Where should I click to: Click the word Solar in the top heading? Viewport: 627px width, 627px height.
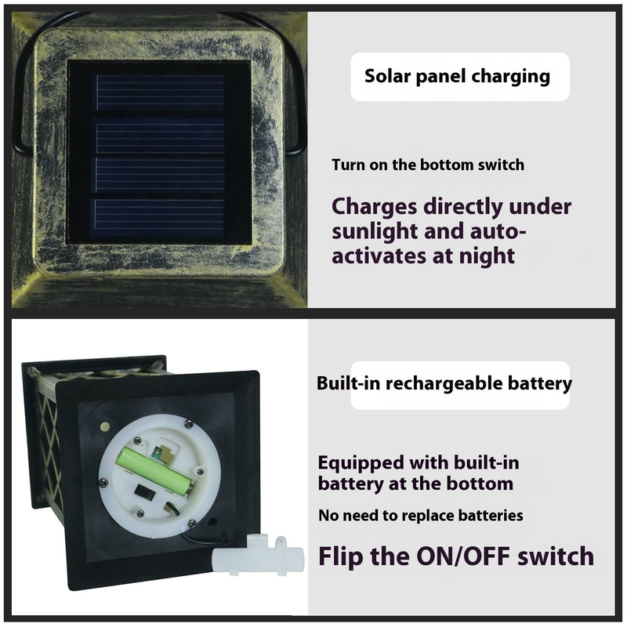388,76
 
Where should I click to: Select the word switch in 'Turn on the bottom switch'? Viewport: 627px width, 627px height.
501,165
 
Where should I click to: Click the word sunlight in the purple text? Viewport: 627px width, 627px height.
375,232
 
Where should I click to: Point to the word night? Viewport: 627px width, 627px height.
487,256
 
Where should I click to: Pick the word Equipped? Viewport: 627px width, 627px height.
361,464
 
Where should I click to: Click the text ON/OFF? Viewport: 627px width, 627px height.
463,556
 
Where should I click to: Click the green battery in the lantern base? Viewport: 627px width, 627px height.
156,469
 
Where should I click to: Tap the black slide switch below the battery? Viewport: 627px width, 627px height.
144,491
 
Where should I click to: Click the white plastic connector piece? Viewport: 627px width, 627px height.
258,555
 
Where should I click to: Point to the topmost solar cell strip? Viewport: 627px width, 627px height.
160,92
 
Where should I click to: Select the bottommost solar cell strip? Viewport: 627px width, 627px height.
160,218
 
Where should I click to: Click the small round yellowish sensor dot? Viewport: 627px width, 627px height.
105,426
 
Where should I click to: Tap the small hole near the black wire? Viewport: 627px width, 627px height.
212,522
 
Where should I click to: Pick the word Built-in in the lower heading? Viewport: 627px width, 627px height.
348,383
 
